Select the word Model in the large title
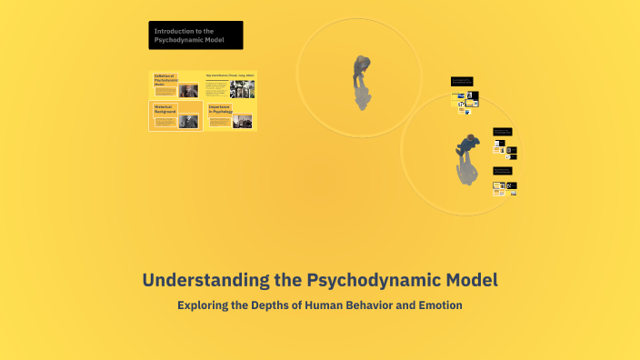[465, 279]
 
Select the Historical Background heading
[166, 108]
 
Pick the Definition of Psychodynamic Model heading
[165, 80]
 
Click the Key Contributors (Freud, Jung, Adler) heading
[230, 75]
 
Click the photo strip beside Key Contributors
[242, 89]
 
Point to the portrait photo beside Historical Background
[189, 121]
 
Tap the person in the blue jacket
[470, 145]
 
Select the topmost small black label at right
[461, 82]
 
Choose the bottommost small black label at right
[503, 170]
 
